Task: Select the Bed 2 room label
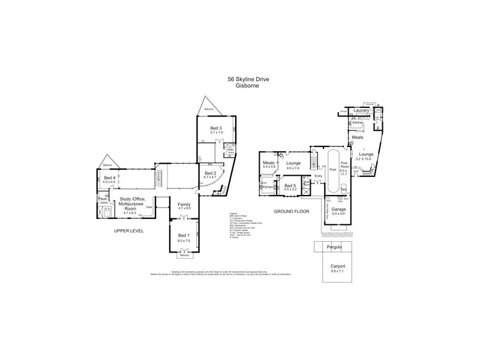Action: [209, 175]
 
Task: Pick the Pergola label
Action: [332, 248]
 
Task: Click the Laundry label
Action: [361, 111]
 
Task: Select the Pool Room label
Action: [344, 165]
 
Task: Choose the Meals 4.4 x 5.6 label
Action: [268, 163]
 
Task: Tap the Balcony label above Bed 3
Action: [208, 110]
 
